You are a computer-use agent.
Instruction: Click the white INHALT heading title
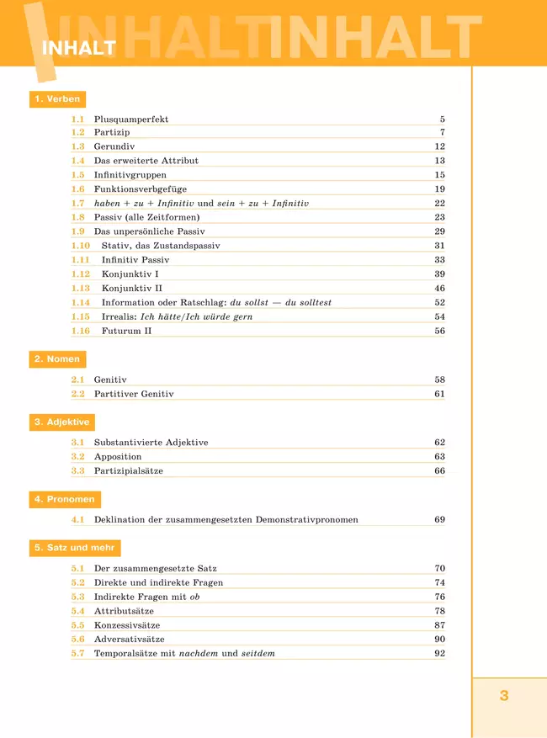pos(78,49)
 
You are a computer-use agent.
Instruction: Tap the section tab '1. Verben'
pos(57,99)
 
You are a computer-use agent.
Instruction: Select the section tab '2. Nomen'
pos(57,359)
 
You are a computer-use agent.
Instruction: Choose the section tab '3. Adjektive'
pos(61,422)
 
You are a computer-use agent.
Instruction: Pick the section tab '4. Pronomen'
pos(64,500)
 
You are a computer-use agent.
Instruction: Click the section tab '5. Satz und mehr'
pos(75,548)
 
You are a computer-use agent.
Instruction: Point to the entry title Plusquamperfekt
pos(131,119)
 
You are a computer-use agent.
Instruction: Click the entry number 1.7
pos(78,204)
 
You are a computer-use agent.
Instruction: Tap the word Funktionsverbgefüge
pos(141,189)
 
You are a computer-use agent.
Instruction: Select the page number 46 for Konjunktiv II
pos(439,289)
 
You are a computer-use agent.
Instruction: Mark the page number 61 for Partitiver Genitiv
pos(439,395)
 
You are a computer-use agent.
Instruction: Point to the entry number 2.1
pos(78,380)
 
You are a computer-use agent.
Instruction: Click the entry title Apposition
pos(118,457)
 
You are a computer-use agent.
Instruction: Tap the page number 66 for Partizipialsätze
pos(439,471)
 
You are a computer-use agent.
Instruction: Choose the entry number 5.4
pos(78,612)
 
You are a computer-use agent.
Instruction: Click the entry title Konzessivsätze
pos(127,626)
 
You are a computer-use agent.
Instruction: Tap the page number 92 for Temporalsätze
pos(439,654)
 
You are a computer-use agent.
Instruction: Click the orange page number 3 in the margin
pos(504,696)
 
